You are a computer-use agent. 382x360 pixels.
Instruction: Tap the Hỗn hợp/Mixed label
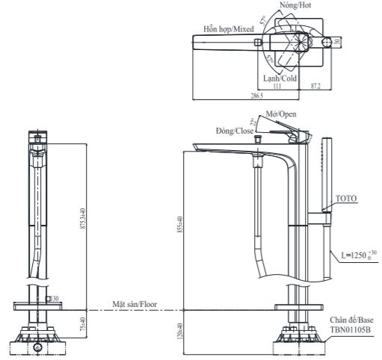click(228, 29)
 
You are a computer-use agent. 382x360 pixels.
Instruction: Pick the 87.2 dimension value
click(315, 87)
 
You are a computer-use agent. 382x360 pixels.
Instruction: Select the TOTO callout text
click(346, 199)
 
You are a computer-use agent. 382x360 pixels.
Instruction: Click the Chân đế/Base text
click(353, 319)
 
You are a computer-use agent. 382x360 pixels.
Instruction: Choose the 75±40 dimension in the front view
click(83, 323)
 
